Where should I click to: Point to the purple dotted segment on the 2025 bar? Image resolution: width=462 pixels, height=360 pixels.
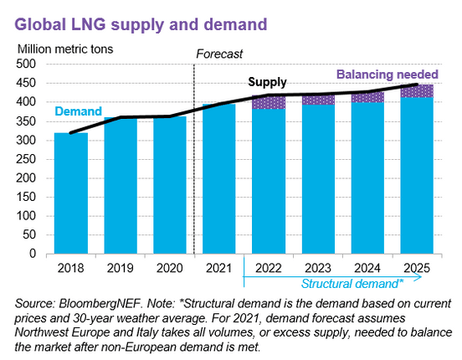tap(416, 90)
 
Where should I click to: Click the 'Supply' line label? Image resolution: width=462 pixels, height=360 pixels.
tap(266, 82)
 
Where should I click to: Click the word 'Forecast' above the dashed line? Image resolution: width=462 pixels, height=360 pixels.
tap(219, 54)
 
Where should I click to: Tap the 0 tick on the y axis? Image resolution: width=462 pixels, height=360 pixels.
tap(36, 253)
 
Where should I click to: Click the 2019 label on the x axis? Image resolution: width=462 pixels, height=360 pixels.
tap(121, 269)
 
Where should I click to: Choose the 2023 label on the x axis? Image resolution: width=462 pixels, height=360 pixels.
tap(317, 269)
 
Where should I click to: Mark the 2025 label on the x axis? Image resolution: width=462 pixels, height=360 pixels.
tap(416, 269)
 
